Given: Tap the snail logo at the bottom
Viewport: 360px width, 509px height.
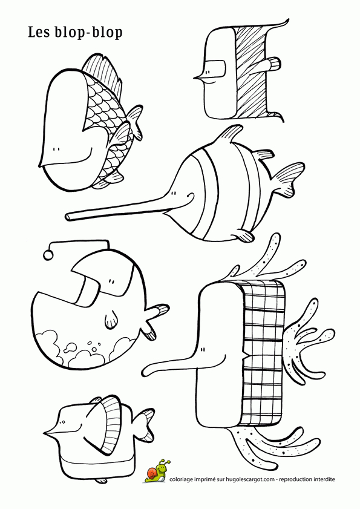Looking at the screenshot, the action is coord(157,471).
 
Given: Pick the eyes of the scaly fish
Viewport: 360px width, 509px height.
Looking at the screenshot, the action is coord(56,149).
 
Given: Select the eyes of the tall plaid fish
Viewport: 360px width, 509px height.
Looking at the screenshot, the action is coord(203,350).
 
